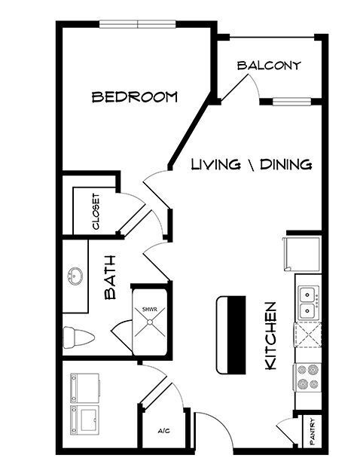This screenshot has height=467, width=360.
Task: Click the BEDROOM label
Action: point(135,97)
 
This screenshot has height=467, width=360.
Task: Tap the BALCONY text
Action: point(269,66)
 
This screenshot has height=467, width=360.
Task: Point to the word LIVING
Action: point(215,164)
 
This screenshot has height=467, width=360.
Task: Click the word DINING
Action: point(286,164)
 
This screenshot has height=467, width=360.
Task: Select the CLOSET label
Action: point(96,212)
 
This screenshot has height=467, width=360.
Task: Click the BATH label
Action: point(110,277)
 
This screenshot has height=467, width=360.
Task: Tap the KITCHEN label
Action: point(270,336)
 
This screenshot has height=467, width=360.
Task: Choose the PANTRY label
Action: point(312,432)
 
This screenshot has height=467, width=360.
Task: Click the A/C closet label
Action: point(163,431)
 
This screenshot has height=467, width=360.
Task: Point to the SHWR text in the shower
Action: point(149,310)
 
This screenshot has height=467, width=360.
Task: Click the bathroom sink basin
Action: point(75,276)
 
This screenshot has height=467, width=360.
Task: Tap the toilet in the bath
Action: point(78,337)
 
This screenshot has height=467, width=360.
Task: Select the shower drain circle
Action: point(150,322)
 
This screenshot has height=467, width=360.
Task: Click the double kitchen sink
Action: point(309,303)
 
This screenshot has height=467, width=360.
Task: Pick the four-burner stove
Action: point(308,377)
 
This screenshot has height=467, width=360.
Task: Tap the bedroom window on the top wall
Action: point(138,24)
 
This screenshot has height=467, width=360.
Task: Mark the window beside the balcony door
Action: point(292,102)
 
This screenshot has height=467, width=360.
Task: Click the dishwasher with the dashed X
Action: point(308,334)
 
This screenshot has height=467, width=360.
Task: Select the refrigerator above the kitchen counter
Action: point(302,254)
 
